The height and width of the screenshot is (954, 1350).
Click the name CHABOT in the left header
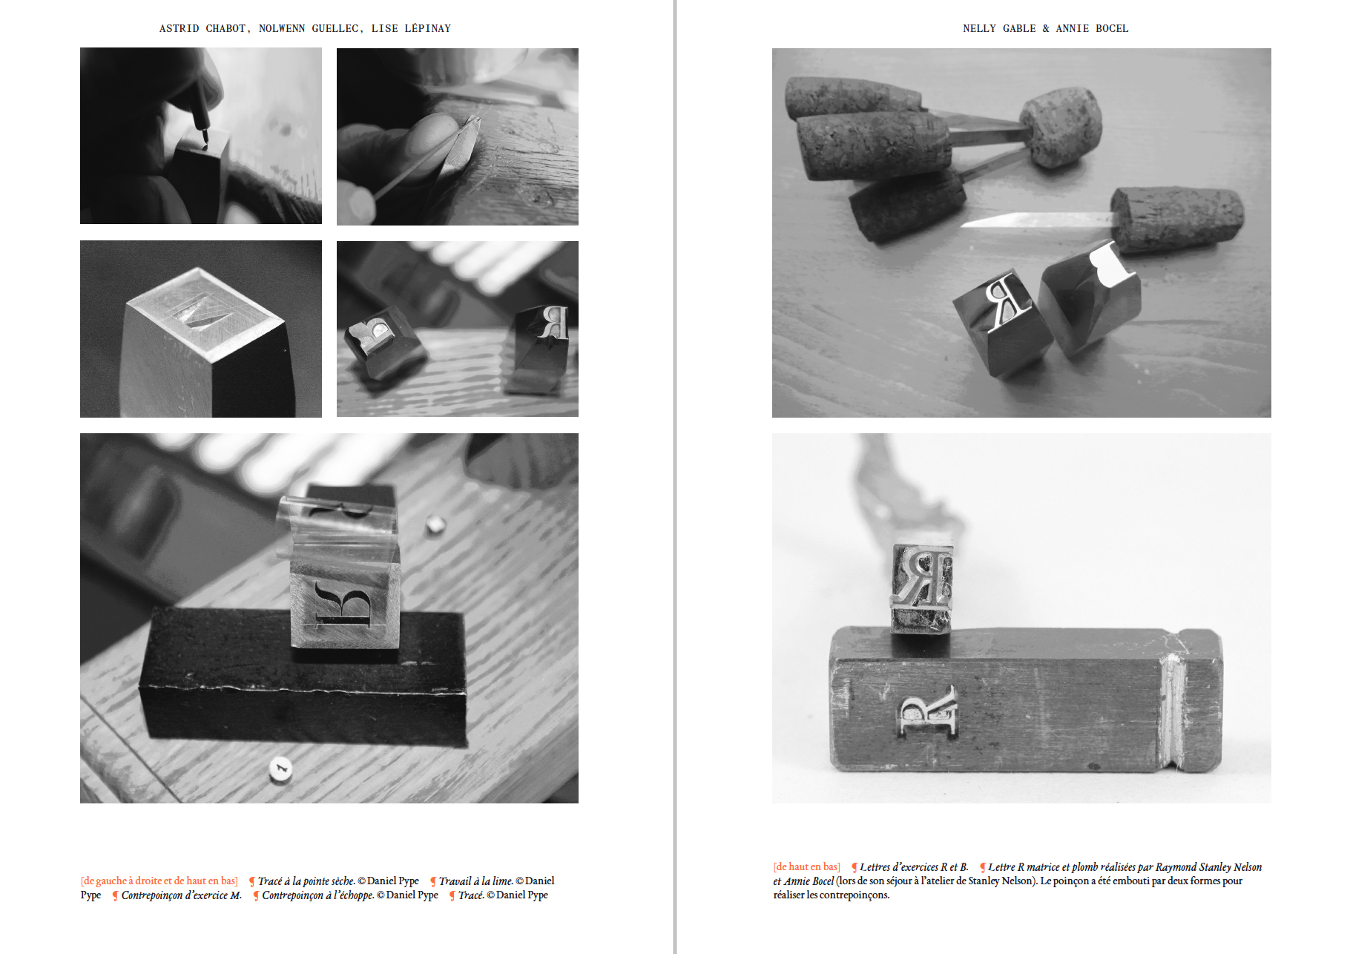coord(227,28)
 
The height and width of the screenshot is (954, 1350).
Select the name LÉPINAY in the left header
coord(427,28)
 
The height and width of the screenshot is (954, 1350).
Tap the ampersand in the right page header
coord(1046,28)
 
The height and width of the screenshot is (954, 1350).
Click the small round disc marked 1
coord(280,769)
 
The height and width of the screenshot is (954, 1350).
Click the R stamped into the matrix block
coord(927,710)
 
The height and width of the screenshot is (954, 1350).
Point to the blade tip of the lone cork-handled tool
coord(964,224)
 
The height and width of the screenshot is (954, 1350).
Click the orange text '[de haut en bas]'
coord(806,866)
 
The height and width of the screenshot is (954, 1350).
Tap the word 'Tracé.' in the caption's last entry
coord(471,895)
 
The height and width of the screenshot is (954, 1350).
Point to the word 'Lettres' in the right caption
coord(875,867)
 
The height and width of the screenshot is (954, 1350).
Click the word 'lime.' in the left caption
coord(502,881)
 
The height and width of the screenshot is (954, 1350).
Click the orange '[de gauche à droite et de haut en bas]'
coord(159,881)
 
